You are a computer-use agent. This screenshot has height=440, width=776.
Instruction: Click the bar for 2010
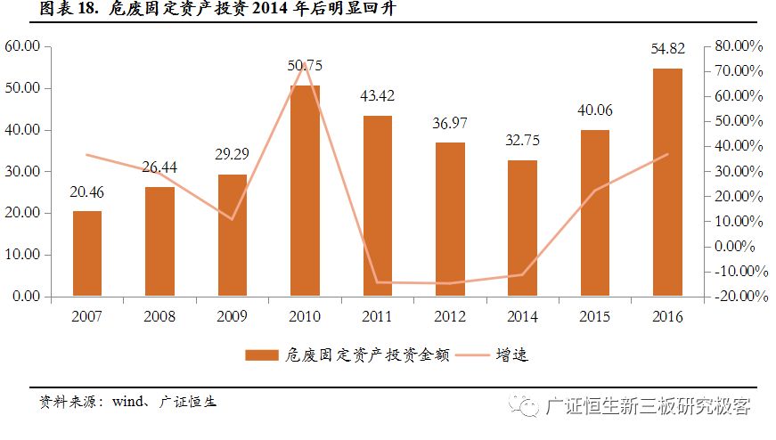pos(305,191)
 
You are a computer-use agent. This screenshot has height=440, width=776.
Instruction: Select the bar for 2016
pos(667,182)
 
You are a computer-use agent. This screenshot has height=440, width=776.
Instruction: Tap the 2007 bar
pos(87,253)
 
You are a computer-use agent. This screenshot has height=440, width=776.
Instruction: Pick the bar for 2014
pos(523,228)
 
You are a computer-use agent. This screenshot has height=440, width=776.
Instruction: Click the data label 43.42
pos(377,95)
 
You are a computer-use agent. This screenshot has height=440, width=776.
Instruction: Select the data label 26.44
pos(160,167)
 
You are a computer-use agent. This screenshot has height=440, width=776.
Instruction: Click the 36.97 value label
pos(450,122)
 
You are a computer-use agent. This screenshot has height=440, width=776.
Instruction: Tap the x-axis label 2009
pos(233,316)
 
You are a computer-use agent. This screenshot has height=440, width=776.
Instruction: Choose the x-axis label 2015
pos(595,316)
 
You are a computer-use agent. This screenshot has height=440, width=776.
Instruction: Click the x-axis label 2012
pos(450,316)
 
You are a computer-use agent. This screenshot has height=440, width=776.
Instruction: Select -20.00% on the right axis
pos(736,297)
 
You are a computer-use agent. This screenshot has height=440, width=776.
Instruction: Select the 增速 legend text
pos(512,355)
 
